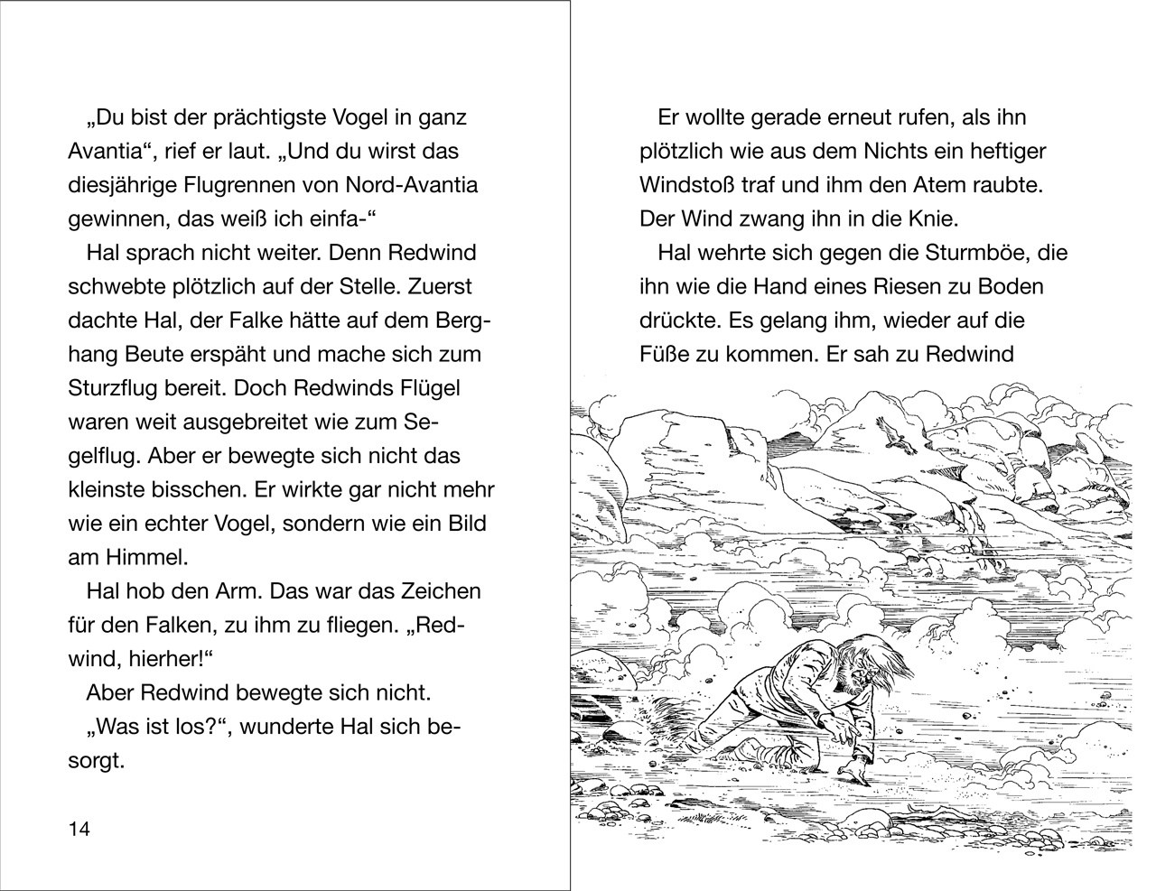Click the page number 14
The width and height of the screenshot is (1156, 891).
tap(79, 830)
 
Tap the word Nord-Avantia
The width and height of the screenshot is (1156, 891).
tap(412, 185)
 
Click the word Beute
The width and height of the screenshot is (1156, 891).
tap(163, 354)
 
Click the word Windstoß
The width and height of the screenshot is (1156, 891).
tap(686, 185)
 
